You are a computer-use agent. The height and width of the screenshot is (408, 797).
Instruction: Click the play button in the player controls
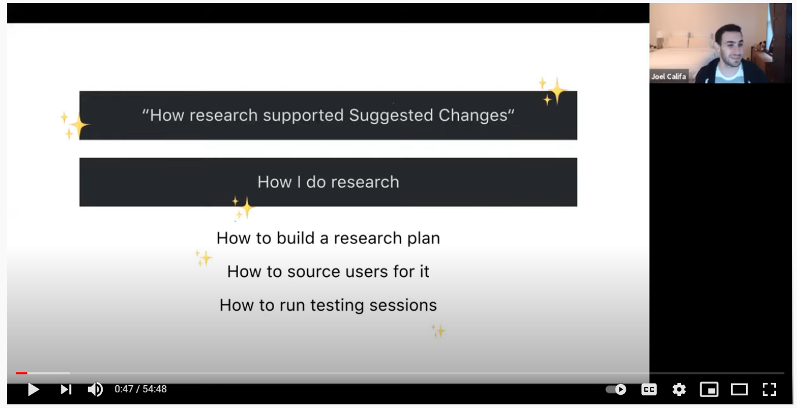pos(34,389)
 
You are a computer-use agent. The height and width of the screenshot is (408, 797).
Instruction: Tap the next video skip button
pos(66,389)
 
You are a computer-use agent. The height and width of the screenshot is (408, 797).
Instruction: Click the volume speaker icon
pos(95,389)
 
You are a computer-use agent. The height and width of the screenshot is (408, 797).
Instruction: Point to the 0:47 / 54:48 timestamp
pos(141,389)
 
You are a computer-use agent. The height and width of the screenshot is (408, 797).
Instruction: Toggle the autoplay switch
pos(616,389)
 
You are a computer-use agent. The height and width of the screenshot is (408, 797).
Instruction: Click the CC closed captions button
pos(649,389)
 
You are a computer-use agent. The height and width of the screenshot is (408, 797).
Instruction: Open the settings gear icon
pos(679,389)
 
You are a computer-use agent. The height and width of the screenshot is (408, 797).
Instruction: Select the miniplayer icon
pos(709,389)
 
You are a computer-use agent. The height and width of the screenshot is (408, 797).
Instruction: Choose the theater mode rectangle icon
pos(739,389)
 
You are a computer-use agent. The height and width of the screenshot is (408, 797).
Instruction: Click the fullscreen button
pos(769,389)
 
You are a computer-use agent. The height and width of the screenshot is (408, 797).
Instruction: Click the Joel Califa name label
pos(668,76)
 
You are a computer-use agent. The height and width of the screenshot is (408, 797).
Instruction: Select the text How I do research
pos(328,182)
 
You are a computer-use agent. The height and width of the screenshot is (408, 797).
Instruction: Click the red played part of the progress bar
pos(22,373)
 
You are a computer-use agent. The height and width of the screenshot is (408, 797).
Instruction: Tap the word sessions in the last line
pos(403,305)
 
